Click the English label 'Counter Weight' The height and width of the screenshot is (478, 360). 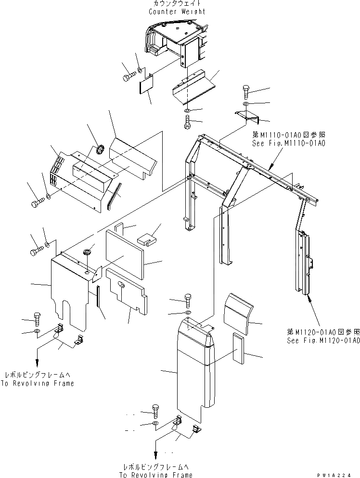tap(177, 12)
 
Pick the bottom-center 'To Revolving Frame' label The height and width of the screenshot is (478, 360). tap(155, 475)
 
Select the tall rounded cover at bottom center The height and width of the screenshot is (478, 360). tap(193, 365)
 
